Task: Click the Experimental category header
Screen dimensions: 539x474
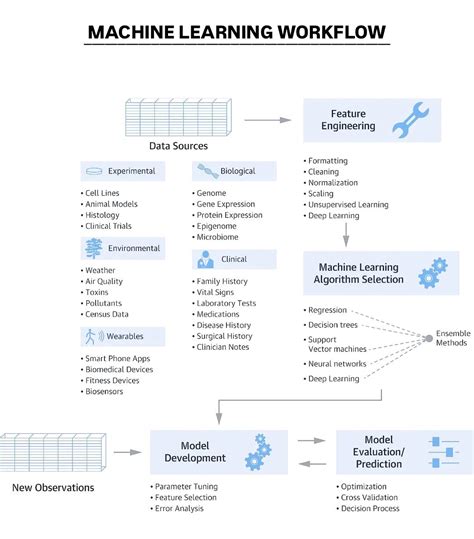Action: [131, 171]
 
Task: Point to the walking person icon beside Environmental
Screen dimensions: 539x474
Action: [95, 249]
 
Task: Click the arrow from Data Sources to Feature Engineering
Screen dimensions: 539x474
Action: [267, 120]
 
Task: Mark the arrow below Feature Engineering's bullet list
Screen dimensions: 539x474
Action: [346, 234]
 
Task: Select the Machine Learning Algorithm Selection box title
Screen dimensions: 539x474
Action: [360, 273]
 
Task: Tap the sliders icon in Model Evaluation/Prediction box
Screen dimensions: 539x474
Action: [449, 452]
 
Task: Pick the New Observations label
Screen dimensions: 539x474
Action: [53, 488]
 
